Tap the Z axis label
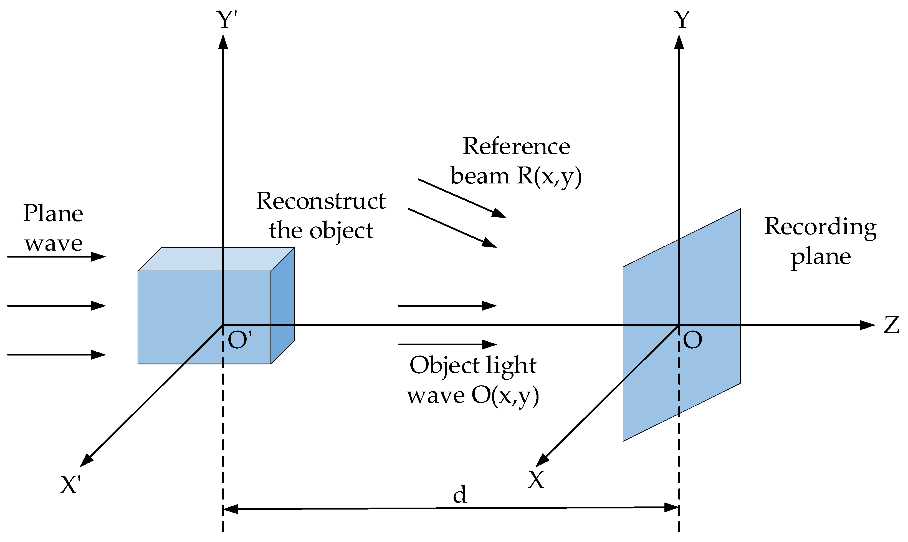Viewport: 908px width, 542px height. click(891, 325)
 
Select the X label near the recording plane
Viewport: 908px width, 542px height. click(536, 480)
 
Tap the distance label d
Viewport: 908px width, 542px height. click(459, 495)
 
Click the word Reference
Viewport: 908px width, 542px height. click(516, 147)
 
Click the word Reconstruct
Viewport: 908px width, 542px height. click(320, 201)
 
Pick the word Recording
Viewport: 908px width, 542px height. click(820, 227)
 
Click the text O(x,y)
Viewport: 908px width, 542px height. click(505, 395)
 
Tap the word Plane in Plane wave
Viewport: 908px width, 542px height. click(53, 213)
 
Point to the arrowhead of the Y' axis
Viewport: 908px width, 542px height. click(223, 42)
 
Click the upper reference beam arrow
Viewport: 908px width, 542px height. click(462, 198)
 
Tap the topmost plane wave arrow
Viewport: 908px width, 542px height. click(57, 257)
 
